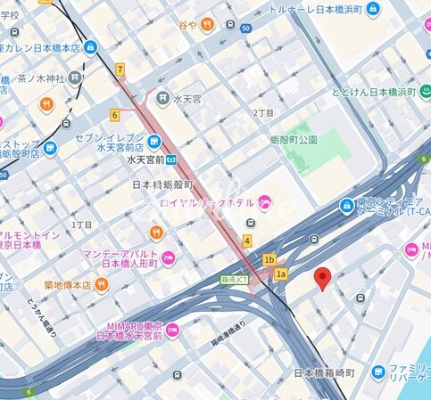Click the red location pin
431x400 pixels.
point(324,278)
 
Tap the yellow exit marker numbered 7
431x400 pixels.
point(120,69)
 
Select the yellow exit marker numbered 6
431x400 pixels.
point(114,114)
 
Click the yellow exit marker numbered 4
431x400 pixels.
point(246,241)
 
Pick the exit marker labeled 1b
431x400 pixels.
point(269,259)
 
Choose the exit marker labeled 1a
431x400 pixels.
point(281,273)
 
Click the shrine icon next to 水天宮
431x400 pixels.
point(162,97)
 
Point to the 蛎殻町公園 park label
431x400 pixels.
point(294,140)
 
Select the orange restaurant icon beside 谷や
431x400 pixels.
point(207,24)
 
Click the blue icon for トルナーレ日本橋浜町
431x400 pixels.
point(373,9)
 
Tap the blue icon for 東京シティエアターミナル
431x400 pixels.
point(345,206)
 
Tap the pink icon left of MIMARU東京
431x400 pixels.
point(172,330)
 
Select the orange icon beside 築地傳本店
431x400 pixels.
point(101,284)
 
